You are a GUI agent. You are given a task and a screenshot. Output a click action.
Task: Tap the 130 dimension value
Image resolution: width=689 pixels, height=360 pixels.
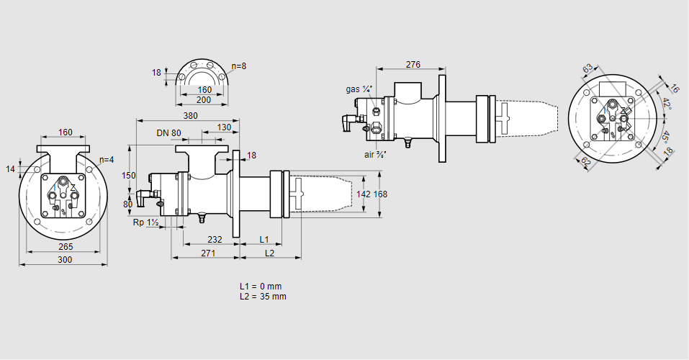pyautogui.click(x=224, y=127)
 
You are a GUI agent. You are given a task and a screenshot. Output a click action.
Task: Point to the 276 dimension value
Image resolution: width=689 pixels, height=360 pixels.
pyautogui.click(x=413, y=65)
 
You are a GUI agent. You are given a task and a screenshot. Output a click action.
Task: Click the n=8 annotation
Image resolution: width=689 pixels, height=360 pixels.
pyautogui.click(x=239, y=66)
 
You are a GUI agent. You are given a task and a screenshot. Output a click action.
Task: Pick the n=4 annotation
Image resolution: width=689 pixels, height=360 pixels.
pyautogui.click(x=107, y=160)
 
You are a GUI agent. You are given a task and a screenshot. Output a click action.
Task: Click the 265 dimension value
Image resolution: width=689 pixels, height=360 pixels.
pyautogui.click(x=66, y=247)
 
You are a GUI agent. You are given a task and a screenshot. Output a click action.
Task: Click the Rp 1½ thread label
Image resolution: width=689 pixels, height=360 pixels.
pyautogui.click(x=145, y=222)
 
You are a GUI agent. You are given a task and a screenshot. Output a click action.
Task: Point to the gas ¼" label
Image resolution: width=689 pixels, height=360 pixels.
pyautogui.click(x=359, y=89)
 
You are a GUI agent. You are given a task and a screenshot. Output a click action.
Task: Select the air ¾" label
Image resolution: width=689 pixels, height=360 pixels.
pyautogui.click(x=375, y=154)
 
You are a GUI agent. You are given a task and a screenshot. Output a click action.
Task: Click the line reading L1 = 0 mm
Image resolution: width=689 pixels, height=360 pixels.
pyautogui.click(x=262, y=287)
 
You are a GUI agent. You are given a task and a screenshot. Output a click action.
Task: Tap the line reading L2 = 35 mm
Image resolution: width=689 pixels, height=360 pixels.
pyautogui.click(x=264, y=297)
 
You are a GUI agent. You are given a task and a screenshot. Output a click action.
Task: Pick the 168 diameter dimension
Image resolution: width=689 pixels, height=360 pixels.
pyautogui.click(x=380, y=194)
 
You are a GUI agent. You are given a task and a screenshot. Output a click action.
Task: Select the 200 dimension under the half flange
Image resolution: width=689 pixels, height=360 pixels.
pyautogui.click(x=204, y=100)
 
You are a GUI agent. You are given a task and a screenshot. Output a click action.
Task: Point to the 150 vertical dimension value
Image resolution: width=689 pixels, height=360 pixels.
pyautogui.click(x=129, y=176)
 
